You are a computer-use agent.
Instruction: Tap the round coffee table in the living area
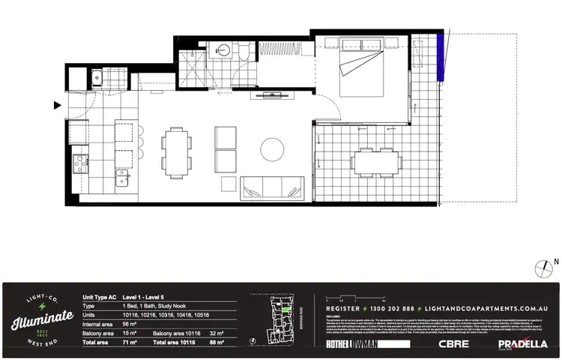pos(272,149)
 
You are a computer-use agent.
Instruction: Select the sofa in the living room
pos(272,187)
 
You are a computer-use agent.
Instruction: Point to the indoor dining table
pos(178,148)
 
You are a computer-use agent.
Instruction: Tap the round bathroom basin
pos(223,50)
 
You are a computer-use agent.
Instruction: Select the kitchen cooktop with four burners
pos(79,163)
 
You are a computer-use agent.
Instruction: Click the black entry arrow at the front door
pos(57,106)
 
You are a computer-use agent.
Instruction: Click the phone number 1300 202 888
pos(378,308)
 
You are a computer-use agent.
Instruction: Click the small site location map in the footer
pos(281,319)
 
